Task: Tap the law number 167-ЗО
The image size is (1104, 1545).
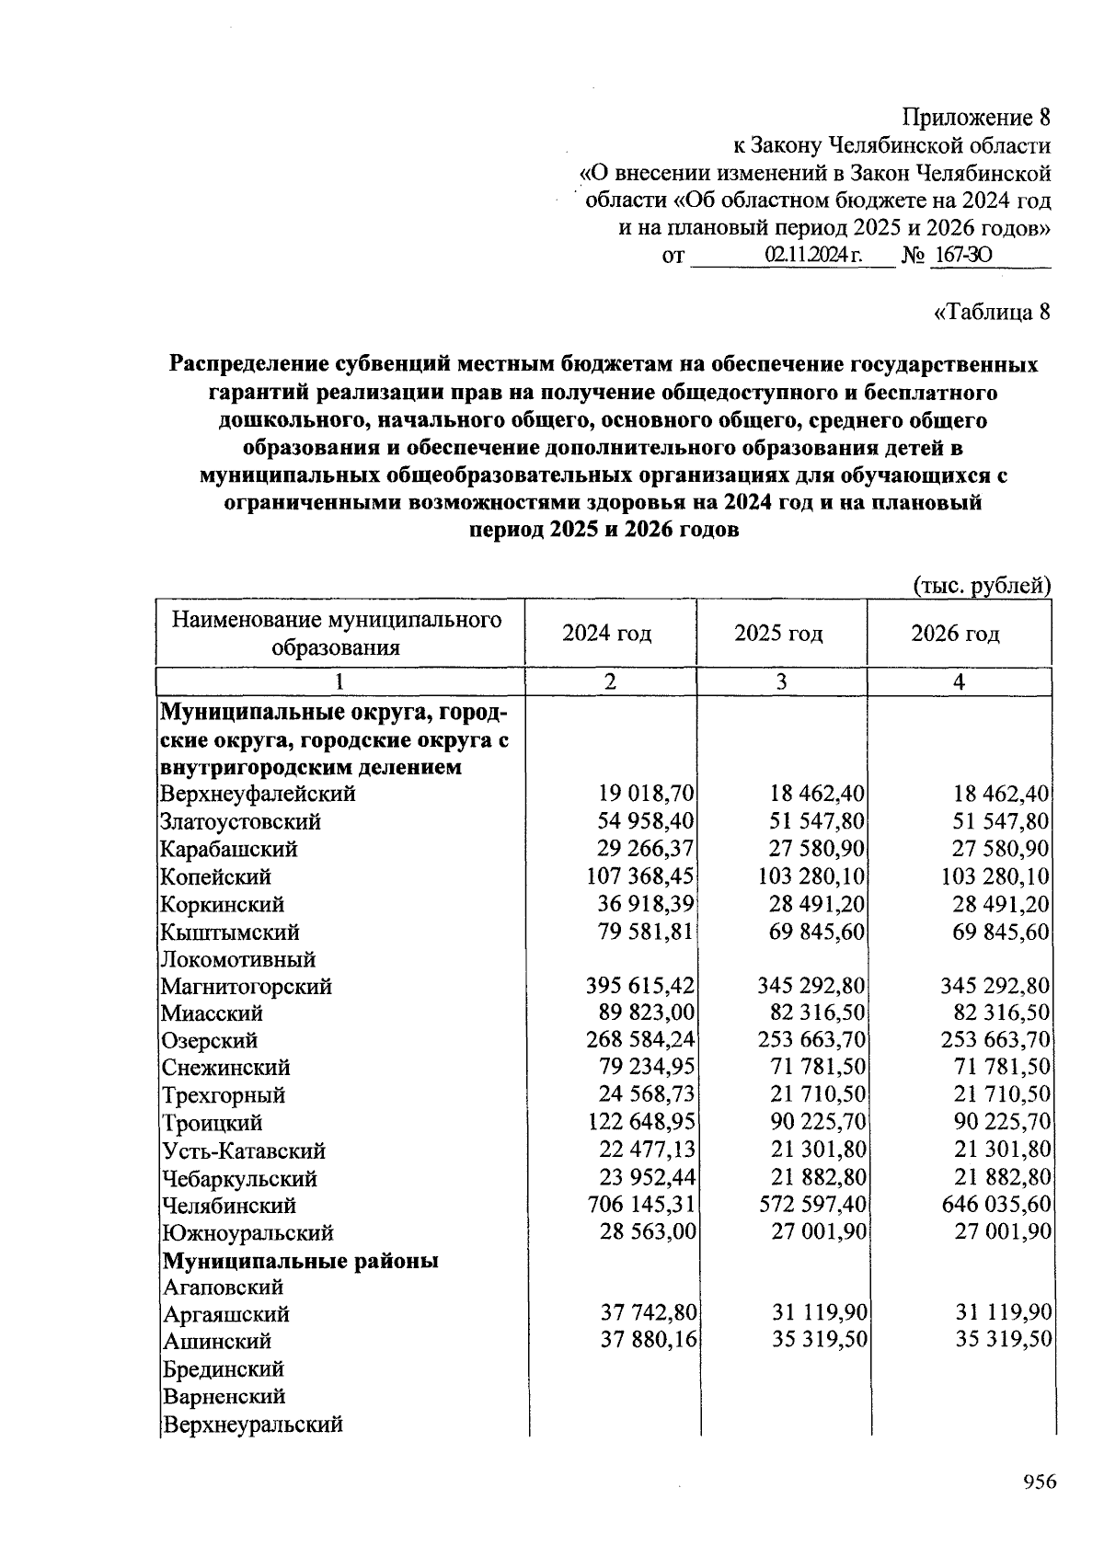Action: (960, 256)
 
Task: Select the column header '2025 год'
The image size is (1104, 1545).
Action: (778, 634)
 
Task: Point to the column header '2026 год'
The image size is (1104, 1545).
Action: (955, 634)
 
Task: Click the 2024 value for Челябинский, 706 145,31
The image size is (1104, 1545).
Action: (640, 1205)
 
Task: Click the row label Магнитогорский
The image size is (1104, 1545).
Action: (247, 987)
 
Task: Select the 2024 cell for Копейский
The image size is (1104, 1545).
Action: (640, 876)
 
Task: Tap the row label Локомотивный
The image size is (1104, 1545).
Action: (238, 959)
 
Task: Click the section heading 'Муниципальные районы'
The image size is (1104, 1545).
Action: (301, 1260)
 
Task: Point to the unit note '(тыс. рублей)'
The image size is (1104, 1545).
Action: (982, 585)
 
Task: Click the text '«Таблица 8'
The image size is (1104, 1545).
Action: (992, 312)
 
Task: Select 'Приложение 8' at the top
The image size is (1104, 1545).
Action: (975, 118)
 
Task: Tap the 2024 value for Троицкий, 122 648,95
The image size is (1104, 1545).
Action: (640, 1123)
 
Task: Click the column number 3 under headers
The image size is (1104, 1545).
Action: (781, 681)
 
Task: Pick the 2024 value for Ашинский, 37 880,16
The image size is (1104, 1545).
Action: (649, 1341)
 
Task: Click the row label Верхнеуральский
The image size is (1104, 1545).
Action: (253, 1424)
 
